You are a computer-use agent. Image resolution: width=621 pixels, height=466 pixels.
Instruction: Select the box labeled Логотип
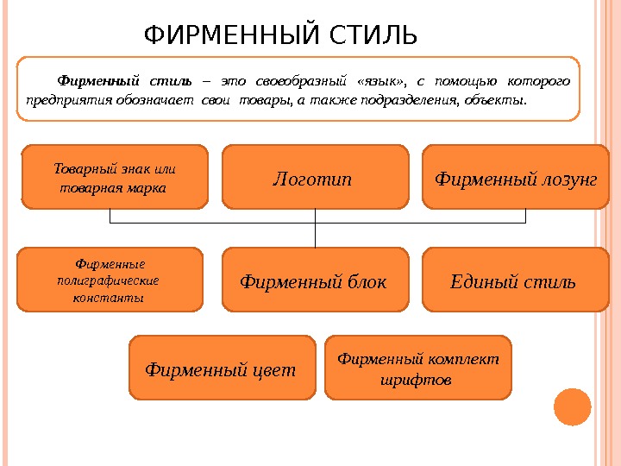tap(315, 178)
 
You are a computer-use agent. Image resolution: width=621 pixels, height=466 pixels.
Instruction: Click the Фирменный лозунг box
tap(516, 178)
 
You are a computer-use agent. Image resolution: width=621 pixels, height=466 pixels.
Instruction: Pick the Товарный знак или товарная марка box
tap(115, 178)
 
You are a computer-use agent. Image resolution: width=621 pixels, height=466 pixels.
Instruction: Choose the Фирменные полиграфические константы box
tap(110, 280)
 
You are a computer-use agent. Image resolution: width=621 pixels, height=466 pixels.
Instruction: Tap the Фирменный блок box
tap(315, 280)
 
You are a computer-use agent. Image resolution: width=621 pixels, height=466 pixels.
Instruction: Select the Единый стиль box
tap(514, 280)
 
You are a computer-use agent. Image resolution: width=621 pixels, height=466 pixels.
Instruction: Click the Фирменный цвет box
tap(222, 368)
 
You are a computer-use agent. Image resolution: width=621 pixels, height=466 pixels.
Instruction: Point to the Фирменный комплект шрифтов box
tap(417, 368)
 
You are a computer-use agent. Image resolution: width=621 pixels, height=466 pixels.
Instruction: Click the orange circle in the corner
tap(572, 407)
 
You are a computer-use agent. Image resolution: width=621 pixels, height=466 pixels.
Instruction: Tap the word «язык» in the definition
tap(380, 82)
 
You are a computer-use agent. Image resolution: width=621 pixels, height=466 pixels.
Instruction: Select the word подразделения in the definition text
tap(418, 100)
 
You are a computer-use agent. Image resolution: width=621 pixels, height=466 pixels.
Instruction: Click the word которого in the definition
tap(540, 82)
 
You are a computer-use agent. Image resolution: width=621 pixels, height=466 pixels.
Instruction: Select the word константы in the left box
tap(110, 297)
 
